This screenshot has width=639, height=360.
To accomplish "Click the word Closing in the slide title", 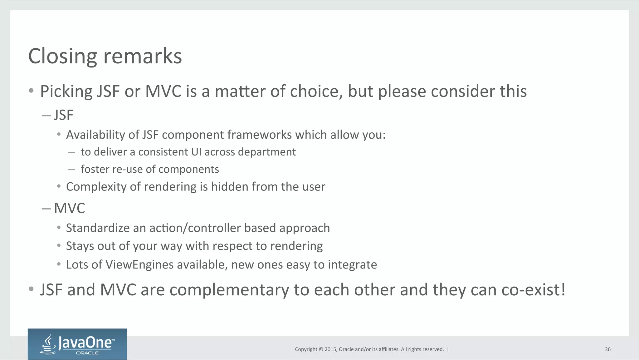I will coord(62,57).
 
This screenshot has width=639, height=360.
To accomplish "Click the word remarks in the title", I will coord(143,57).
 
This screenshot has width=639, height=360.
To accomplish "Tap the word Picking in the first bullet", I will coord(66,92).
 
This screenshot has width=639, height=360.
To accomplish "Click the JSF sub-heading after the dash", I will coord(63,115).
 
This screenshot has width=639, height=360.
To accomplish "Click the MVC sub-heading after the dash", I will coord(69,208).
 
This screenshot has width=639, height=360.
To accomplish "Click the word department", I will coord(267,152).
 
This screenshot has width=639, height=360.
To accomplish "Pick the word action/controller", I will coord(195,228).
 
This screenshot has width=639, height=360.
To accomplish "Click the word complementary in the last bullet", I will coord(229,290).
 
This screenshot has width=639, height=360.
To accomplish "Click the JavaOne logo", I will coord(77,344).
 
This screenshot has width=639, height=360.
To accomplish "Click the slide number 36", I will coord(607,349).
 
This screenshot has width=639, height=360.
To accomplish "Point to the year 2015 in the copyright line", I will coord(330,349).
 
